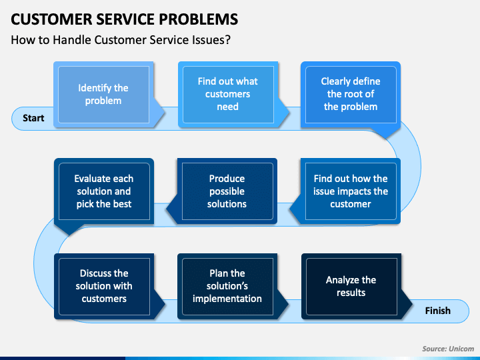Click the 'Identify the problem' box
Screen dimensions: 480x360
pos(103,94)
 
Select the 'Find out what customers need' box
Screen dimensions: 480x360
pos(228,94)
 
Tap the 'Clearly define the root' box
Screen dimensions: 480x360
pos(351,94)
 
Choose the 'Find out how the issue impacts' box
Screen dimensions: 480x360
pos(351,191)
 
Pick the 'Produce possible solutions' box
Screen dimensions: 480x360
pos(227,191)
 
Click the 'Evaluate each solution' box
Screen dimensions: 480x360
pos(104,191)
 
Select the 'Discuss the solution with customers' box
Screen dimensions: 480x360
pos(104,286)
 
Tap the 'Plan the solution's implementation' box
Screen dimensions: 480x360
pos(227,286)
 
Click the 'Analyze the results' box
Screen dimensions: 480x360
pos(351,286)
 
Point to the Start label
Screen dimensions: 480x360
pos(33,118)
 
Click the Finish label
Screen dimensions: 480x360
pos(438,311)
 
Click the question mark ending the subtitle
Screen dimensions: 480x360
pos(227,40)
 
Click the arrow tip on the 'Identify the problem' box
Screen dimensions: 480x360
pos(165,113)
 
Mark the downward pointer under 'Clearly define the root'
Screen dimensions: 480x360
pos(387,139)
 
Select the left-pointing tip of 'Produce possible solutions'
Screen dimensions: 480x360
pos(167,209)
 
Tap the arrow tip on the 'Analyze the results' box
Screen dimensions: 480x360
pos(413,304)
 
